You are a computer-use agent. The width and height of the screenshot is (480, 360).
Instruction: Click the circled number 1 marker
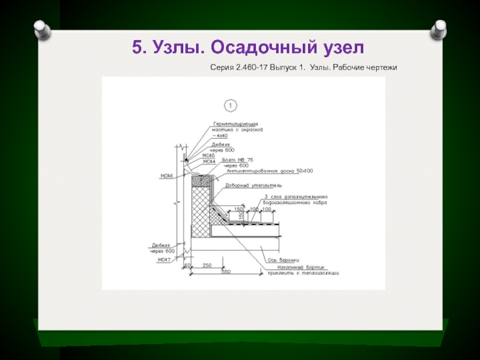click(230, 106)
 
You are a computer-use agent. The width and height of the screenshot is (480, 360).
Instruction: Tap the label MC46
click(167, 176)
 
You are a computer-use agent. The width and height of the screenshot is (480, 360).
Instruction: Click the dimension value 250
click(207, 265)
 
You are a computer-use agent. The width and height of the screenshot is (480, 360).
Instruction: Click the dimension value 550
click(226, 272)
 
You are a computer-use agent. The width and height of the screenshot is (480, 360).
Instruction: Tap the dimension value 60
click(187, 265)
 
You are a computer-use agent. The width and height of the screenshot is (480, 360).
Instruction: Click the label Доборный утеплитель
click(249, 185)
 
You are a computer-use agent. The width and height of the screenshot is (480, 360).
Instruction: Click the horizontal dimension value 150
click(238, 209)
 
